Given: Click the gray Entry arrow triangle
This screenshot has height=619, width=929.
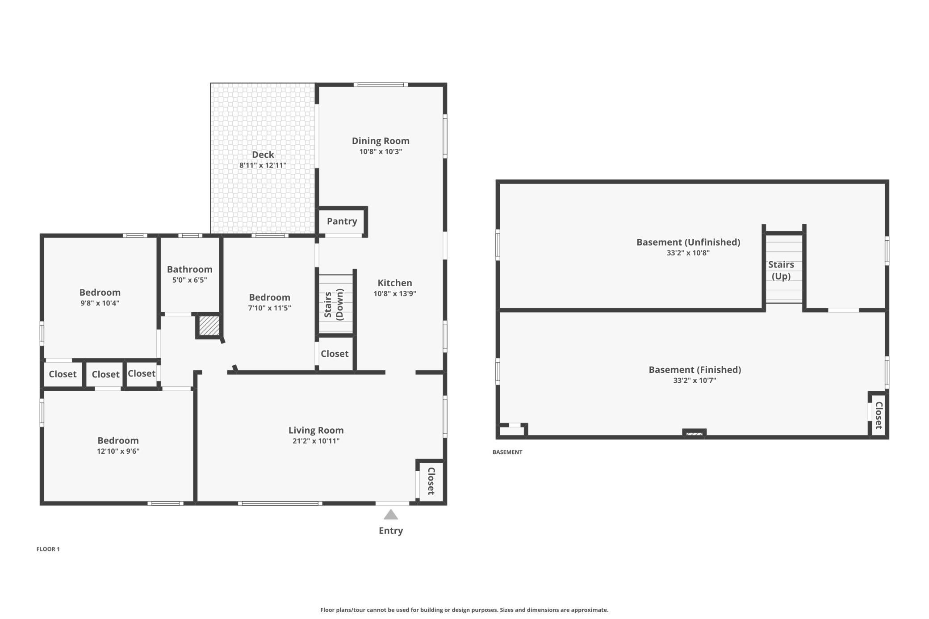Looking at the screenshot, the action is coord(391,515).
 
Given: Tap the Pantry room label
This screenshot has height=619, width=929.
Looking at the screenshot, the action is coord(342,221).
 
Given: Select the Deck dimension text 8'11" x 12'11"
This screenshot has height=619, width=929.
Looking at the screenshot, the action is coord(263,165).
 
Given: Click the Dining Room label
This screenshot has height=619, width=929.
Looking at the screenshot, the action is coord(381,141).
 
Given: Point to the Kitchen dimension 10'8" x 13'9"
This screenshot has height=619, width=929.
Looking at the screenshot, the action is coord(395,294).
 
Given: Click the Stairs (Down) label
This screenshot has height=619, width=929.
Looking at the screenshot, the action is coord(334,305).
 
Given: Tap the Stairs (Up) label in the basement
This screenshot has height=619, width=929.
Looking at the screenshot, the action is coord(781,270).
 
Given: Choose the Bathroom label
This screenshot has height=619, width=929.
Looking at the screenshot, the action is coord(190,269).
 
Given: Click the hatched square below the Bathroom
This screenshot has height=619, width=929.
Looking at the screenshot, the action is coord(209,326).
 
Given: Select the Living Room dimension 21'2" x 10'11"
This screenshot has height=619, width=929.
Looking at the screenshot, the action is coord(316,441).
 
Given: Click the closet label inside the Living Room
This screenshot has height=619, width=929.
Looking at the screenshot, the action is coord(431,481).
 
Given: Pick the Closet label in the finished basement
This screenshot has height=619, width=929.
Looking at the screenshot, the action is coord(879,415).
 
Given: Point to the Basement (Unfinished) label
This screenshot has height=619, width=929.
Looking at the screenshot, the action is coord(688,242).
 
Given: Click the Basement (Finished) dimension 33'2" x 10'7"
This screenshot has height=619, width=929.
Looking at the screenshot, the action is coord(695,381).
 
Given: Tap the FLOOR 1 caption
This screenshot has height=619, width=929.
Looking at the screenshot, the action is coord(48,549).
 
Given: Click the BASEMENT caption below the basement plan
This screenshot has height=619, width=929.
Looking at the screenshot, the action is coord(507,452).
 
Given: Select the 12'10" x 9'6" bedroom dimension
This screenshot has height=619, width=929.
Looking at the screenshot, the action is coord(118,451).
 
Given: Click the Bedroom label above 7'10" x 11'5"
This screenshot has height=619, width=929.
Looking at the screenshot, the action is coord(270,297).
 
